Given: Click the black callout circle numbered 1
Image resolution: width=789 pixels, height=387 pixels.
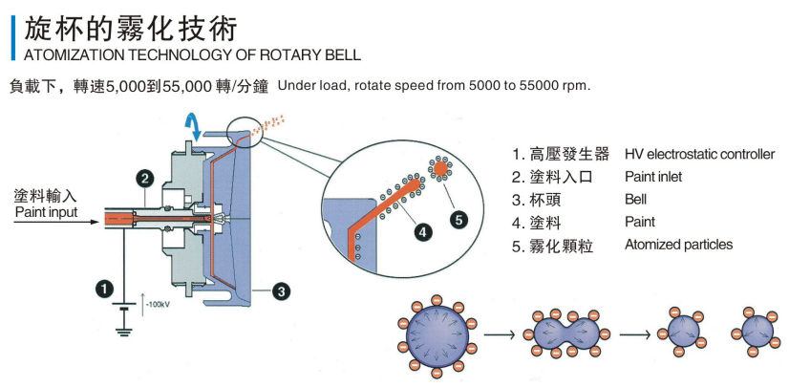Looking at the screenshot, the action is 104,289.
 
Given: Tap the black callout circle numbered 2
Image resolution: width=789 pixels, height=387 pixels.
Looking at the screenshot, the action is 145,178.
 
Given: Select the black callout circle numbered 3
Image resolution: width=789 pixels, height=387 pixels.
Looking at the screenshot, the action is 281,290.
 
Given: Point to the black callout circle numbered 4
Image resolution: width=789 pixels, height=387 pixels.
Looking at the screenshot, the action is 422,232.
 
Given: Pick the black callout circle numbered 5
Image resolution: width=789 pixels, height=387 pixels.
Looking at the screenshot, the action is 458,219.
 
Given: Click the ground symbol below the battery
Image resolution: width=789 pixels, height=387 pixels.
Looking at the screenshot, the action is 121,331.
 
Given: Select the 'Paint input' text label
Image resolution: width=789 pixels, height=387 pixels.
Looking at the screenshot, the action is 46,212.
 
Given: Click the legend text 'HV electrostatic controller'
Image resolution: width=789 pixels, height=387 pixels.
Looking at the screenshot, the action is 699,154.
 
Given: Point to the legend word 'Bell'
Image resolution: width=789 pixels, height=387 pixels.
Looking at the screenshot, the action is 635,200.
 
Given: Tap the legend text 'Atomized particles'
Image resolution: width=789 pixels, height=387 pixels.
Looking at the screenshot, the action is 679,245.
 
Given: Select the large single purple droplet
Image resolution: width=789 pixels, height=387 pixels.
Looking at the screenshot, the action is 437,334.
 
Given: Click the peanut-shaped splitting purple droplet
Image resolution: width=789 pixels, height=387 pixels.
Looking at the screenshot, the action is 566,334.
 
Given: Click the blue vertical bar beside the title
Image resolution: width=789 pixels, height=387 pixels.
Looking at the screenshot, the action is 13,37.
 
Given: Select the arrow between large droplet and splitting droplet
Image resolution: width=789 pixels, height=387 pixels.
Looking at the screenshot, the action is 499,334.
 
